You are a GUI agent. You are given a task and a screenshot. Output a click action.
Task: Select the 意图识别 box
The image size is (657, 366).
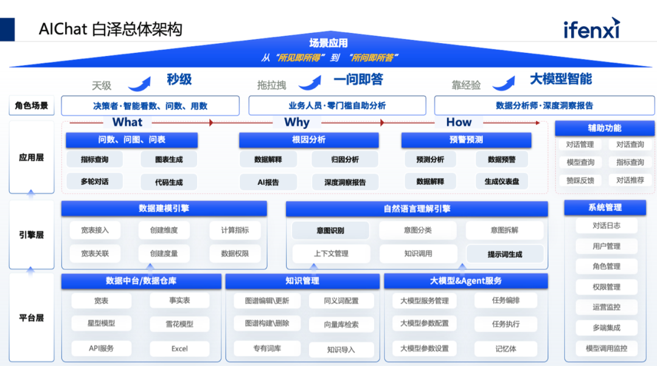[330, 230]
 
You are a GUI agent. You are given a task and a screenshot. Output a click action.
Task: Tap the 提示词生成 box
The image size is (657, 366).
[505, 254]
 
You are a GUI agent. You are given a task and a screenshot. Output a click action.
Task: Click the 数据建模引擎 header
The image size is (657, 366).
[164, 209]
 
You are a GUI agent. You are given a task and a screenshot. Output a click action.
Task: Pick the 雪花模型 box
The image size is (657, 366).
[179, 324]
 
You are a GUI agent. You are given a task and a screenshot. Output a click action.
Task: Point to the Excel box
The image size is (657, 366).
[179, 349]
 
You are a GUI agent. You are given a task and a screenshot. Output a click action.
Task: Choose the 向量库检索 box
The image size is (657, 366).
[341, 325]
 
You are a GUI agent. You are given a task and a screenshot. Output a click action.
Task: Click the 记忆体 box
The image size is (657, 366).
[506, 349]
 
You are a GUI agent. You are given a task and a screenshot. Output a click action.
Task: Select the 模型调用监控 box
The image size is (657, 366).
[606, 348]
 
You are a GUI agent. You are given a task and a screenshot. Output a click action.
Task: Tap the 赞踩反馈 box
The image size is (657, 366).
[580, 181]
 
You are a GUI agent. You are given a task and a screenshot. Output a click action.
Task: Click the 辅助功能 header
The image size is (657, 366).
[604, 128]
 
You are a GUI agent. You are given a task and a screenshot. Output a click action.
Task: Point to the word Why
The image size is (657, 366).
[297, 122]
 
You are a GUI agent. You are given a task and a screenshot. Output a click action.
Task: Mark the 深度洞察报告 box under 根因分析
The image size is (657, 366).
[345, 182]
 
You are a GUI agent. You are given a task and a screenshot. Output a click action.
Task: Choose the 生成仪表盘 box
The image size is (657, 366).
[502, 181]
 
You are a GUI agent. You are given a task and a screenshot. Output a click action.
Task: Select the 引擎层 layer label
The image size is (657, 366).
[32, 235]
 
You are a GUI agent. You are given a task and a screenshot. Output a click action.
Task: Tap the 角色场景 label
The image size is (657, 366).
[32, 105]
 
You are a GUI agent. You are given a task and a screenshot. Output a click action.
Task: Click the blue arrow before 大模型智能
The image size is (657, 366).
[505, 82]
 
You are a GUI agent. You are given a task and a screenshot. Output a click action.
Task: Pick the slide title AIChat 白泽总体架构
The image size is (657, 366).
[110, 29]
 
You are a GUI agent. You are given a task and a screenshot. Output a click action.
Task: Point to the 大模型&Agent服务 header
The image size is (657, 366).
[465, 281]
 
